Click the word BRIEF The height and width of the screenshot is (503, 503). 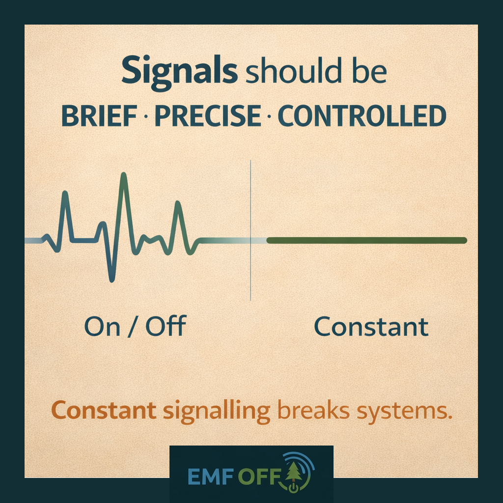pyautogui.click(x=99, y=116)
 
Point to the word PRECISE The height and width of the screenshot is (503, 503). pyautogui.click(x=208, y=116)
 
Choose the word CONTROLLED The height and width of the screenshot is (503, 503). pyautogui.click(x=362, y=116)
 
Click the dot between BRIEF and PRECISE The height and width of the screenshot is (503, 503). pyautogui.click(x=146, y=116)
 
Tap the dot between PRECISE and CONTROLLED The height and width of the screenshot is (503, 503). pyautogui.click(x=269, y=116)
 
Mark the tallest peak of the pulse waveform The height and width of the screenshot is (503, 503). pyautogui.click(x=124, y=174)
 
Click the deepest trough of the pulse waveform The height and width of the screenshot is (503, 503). pyautogui.click(x=112, y=280)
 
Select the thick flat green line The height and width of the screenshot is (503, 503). pyautogui.click(x=366, y=240)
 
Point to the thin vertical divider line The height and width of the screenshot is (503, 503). pyautogui.click(x=251, y=230)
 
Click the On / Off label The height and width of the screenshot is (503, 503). pyautogui.click(x=135, y=326)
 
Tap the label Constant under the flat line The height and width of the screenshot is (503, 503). pyautogui.click(x=371, y=327)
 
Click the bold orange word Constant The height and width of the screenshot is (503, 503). pyautogui.click(x=104, y=410)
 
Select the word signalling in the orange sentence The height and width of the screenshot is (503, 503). pyautogui.click(x=217, y=412)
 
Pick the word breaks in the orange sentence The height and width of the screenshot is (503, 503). pyautogui.click(x=313, y=410)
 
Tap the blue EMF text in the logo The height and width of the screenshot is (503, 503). pyautogui.click(x=210, y=476)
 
